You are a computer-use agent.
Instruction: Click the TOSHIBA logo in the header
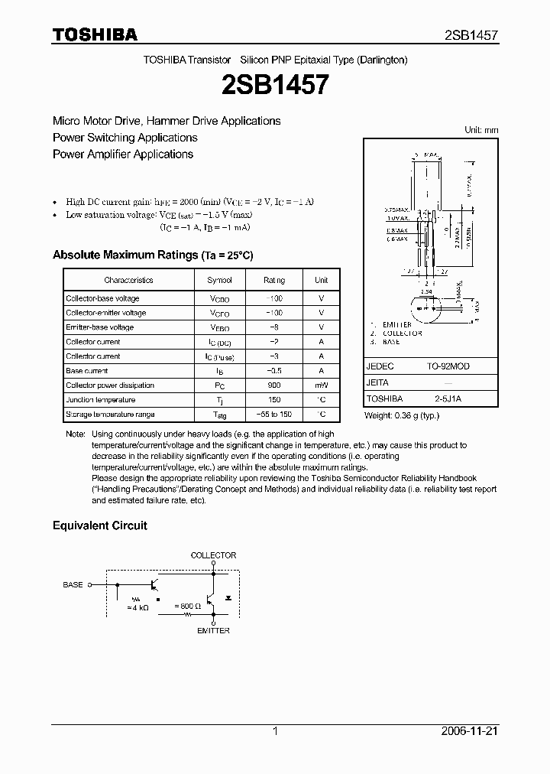point(95,34)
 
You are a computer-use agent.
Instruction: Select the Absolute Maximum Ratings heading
point(152,255)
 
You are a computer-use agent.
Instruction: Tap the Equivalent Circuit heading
point(99,525)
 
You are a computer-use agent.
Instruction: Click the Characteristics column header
point(128,281)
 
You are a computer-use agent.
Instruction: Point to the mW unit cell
point(321,385)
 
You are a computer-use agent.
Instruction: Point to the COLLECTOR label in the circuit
point(213,555)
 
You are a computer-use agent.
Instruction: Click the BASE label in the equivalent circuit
point(73,584)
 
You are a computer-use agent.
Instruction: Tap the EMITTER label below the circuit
point(213,630)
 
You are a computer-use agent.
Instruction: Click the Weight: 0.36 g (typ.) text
point(402,415)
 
